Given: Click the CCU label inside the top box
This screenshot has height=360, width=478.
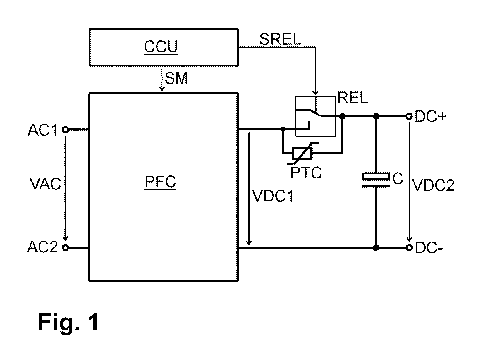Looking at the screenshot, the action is [161, 47].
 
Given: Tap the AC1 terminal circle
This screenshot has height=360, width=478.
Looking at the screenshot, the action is [65, 130].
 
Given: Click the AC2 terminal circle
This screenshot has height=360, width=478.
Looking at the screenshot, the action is [65, 248].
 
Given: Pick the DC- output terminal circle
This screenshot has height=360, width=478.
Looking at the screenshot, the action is [409, 247].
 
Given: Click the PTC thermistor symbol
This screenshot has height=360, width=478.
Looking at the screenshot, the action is [302, 153].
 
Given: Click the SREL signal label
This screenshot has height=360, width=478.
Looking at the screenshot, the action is [280, 39].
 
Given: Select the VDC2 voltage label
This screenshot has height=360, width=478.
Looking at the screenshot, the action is [434, 185].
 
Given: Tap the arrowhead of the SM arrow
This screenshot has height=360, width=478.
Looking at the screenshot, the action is [161, 89].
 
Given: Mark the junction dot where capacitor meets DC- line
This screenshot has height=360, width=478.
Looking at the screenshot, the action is [376, 247].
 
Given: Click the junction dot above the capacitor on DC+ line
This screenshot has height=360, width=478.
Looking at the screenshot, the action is [376, 116].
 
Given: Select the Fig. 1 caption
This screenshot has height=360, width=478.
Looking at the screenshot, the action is [68, 322].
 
